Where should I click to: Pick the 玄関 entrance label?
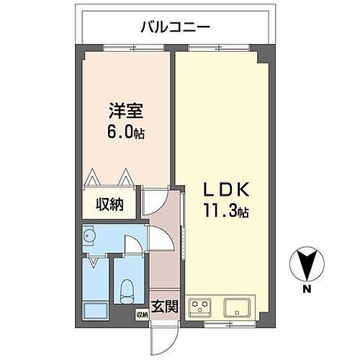[x=165, y=307]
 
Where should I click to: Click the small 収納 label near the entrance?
[x=141, y=315]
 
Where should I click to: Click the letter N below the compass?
[x=306, y=290]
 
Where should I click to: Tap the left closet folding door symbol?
[x=93, y=177]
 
